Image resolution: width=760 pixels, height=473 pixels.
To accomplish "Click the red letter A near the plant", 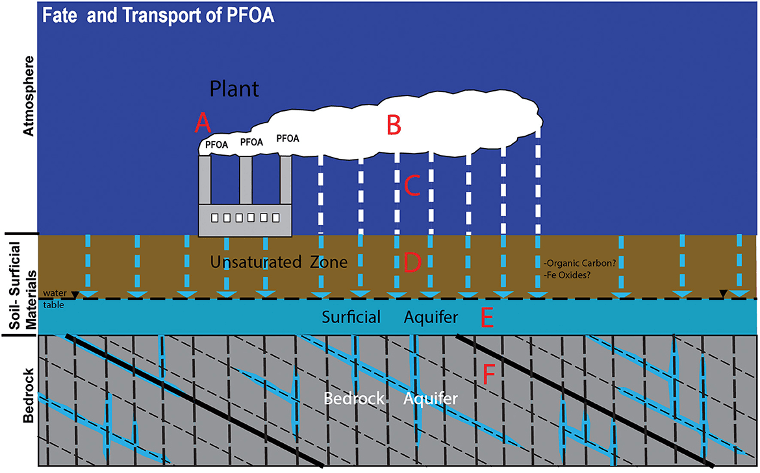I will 204,121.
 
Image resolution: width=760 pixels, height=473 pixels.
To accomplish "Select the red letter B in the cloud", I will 393,125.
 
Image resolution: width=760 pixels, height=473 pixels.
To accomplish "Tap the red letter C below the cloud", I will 412,186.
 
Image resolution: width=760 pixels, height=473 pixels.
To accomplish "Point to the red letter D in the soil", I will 412,262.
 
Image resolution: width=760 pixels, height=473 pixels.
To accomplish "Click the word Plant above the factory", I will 234,89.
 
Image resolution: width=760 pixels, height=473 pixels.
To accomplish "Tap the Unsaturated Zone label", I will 279,262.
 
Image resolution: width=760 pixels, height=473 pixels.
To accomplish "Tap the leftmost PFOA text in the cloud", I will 216,145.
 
